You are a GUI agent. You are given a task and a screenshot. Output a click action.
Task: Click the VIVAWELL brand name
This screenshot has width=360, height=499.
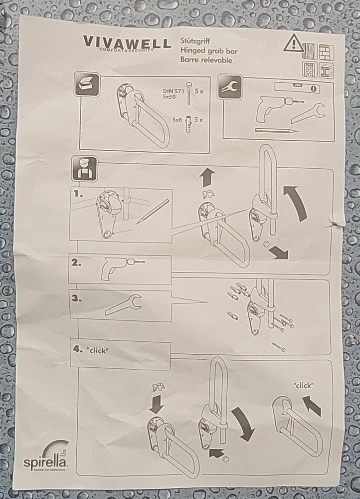(127, 42)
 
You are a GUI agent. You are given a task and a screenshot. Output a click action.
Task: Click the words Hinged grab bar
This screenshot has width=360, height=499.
(209, 51)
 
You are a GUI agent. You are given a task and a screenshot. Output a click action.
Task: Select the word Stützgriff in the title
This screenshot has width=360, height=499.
(195, 41)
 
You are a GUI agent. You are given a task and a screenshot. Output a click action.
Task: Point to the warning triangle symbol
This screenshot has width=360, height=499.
(294, 43)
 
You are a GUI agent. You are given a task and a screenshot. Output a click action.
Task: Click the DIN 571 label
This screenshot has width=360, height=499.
(174, 91)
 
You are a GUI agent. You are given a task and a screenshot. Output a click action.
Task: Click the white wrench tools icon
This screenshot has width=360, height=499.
(229, 87)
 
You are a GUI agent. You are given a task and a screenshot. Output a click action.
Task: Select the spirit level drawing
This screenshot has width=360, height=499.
(297, 87)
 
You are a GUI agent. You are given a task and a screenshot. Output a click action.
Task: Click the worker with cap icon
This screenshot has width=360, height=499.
(84, 169)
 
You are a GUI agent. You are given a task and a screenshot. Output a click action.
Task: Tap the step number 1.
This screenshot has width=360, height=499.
(78, 194)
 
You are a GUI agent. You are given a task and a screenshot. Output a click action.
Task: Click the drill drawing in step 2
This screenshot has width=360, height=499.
(122, 269)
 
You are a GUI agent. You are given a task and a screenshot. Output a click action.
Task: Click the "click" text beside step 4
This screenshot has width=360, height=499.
(98, 350)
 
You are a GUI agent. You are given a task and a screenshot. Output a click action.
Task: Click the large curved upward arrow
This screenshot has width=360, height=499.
(296, 204)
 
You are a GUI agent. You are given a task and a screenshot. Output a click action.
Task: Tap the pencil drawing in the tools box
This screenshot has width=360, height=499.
(276, 130)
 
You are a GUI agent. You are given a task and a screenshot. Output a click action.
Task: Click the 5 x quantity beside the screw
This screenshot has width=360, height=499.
(199, 91)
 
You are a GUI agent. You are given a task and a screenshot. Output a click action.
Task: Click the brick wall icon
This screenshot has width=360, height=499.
(327, 53)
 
